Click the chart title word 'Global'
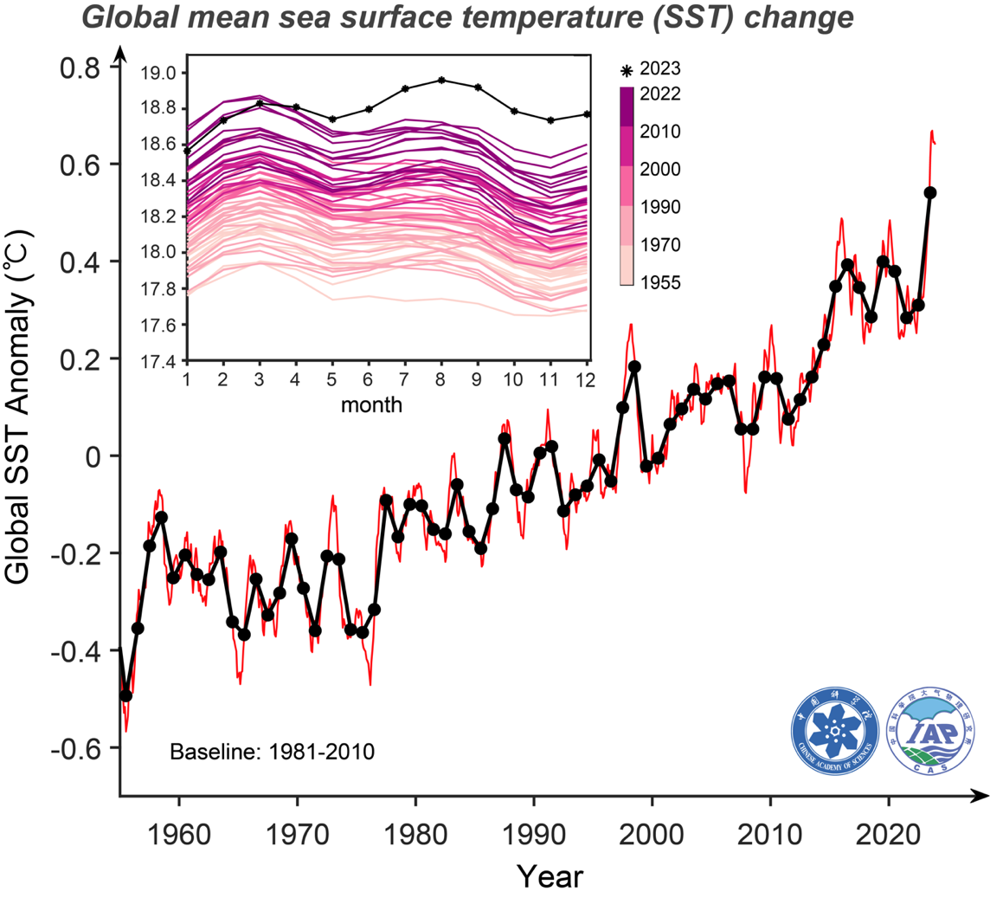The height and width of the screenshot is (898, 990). tap(127, 17)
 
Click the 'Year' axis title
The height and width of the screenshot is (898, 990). tap(550, 877)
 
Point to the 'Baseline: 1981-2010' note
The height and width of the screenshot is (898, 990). tap(272, 751)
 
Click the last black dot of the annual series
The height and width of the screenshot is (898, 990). tap(931, 192)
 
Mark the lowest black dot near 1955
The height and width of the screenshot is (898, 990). tap(125, 695)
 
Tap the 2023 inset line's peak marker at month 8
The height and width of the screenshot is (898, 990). tap(441, 80)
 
